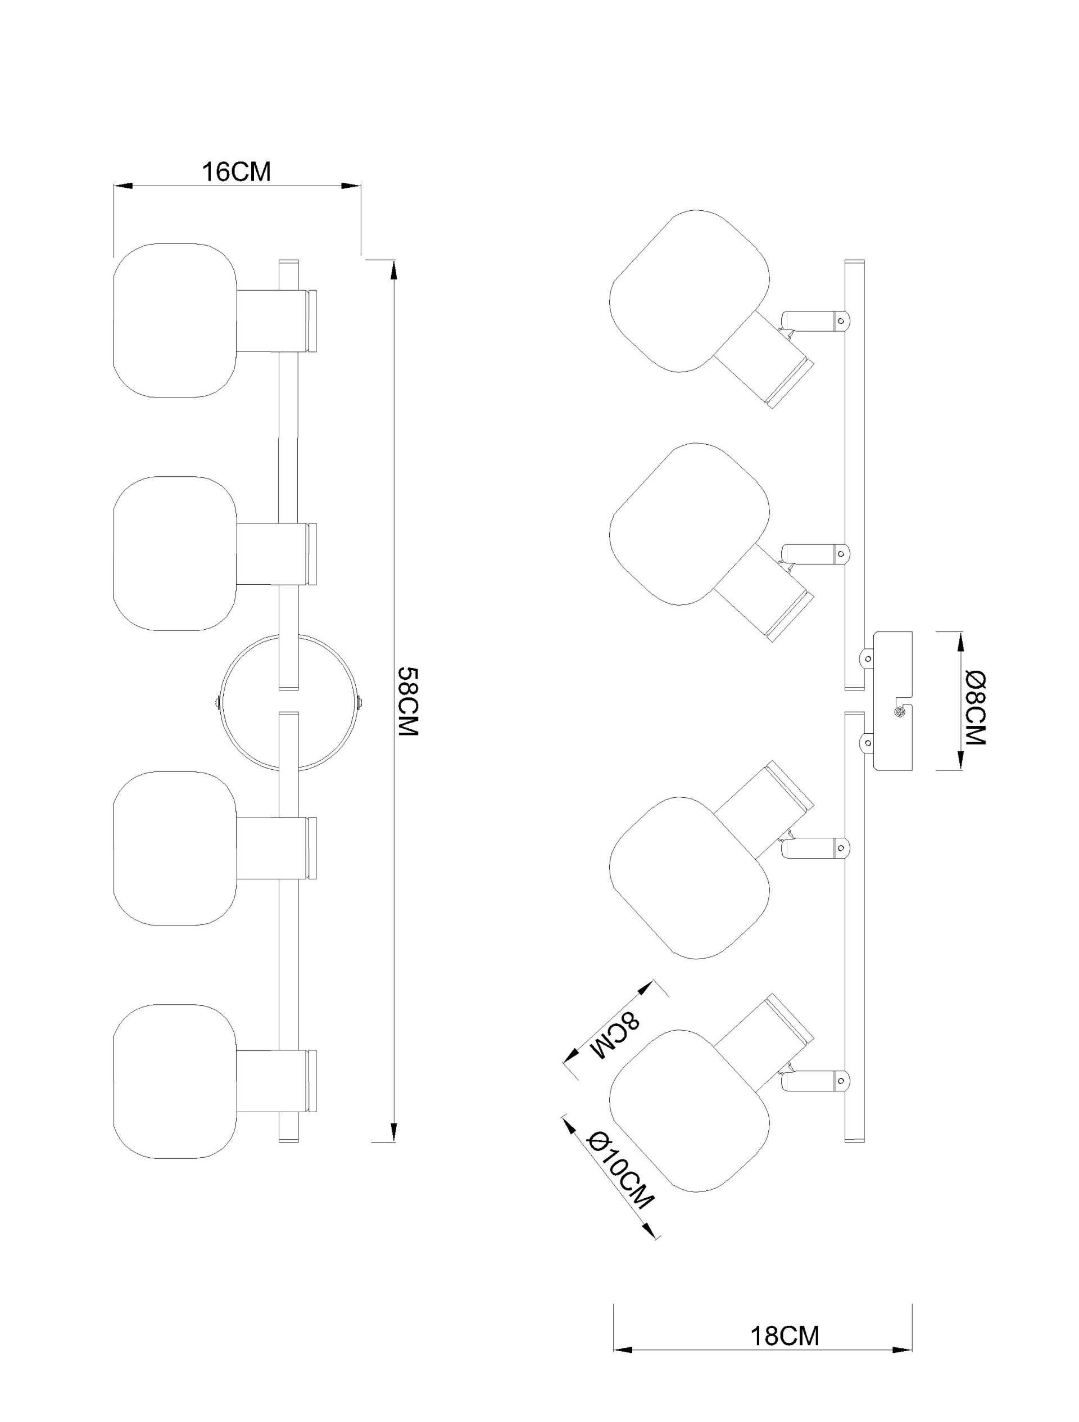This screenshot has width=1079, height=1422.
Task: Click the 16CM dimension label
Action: pyautogui.click(x=237, y=172)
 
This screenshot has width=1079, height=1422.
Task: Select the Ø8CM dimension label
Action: pyautogui.click(x=976, y=707)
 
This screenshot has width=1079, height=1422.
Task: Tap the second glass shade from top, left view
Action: pyautogui.click(x=175, y=553)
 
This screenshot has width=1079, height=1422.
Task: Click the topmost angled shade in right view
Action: pyautogui.click(x=689, y=291)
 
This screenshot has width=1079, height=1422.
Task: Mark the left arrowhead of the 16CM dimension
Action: pyautogui.click(x=122, y=186)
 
